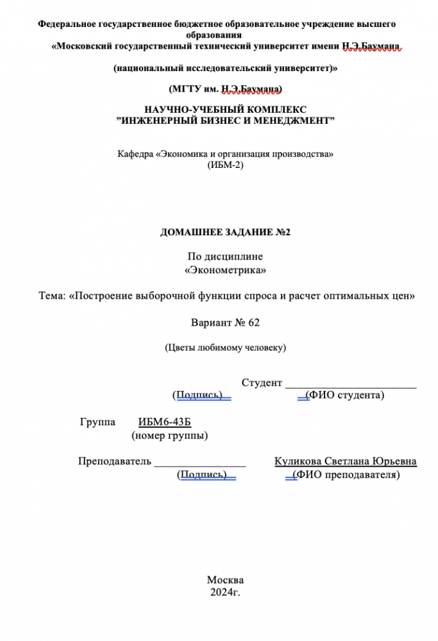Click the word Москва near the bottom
click(x=225, y=579)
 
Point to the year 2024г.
click(x=225, y=592)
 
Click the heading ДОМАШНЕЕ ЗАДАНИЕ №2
click(x=225, y=232)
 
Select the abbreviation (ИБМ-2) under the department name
click(x=226, y=165)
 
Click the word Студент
click(x=262, y=383)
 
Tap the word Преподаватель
click(x=115, y=462)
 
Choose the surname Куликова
click(x=298, y=462)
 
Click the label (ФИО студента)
click(x=345, y=395)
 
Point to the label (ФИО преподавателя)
click(x=346, y=474)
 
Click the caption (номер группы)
click(x=169, y=436)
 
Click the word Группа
click(x=97, y=422)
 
